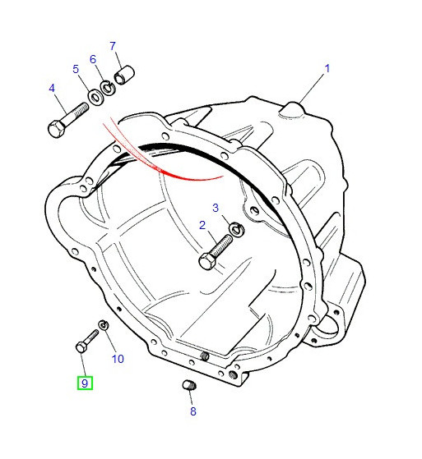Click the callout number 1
point(327,68)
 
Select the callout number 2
point(202,225)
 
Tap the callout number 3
point(216,208)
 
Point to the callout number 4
point(52,88)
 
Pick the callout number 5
point(76,69)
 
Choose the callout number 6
point(93,59)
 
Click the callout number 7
point(113,46)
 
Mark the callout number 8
point(193,411)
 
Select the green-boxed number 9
point(85,383)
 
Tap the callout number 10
point(118,359)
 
